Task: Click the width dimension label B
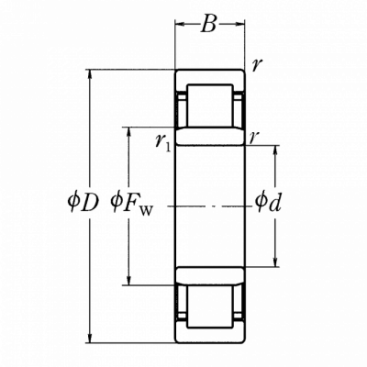coord(209,25)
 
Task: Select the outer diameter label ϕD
coord(83,203)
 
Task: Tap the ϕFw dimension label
coord(131,204)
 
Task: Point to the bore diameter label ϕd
coord(268,202)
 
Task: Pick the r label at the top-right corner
coord(256,64)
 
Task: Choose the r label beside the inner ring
coord(252,138)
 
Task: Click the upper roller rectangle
coord(210,106)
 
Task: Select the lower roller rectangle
coord(210,306)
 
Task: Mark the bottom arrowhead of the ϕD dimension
coord(90,338)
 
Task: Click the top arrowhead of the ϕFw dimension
coord(129,131)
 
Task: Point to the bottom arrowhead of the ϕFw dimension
coord(129,281)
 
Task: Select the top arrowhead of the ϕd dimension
coord(276,150)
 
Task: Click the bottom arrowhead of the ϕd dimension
coord(276,262)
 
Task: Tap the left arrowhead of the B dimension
coord(180,24)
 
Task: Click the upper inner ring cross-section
coord(210,137)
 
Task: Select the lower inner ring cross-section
coord(210,276)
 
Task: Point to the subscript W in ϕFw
coord(146,211)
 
